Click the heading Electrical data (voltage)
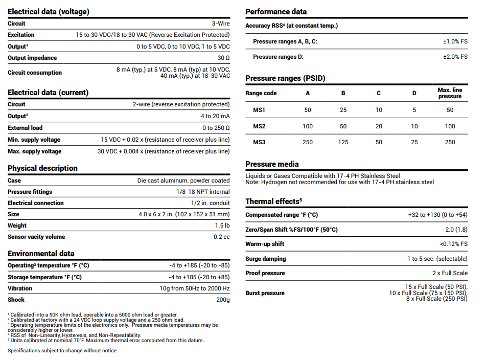click(48, 12)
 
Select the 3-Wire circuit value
click(221, 24)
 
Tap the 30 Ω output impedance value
click(223, 58)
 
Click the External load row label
click(25, 128)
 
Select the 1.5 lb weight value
click(222, 226)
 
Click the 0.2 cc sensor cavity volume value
click(221, 237)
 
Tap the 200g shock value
click(223, 300)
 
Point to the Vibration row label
click(20, 288)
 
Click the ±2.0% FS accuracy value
click(455, 57)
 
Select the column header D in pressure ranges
click(414, 93)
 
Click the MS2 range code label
click(259, 126)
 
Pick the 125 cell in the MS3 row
click(343, 142)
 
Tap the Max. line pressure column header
click(450, 93)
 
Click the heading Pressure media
click(272, 164)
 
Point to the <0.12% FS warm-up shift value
click(453, 244)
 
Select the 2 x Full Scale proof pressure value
click(450, 273)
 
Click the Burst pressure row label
click(265, 293)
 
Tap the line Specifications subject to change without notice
click(62, 351)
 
